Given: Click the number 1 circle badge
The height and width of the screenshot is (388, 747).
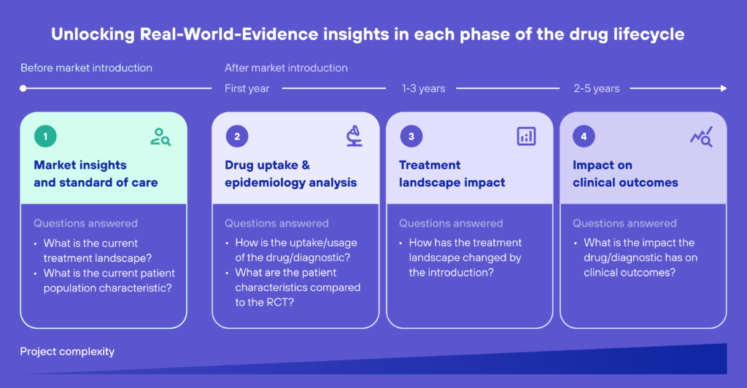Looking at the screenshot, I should [x=45, y=136].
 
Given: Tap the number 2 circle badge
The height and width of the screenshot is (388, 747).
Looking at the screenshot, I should [x=236, y=136].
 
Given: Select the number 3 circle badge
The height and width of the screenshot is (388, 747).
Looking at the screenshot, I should [x=411, y=136].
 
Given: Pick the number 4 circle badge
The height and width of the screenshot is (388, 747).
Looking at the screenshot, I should [x=584, y=136].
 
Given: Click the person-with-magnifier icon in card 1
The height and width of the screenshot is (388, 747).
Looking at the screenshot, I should [x=160, y=136].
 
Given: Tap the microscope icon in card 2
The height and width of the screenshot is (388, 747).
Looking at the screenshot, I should [x=353, y=136].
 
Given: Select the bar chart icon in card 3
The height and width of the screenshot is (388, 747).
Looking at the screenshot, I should [x=526, y=136].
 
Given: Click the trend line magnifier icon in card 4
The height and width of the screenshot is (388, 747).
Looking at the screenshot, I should [x=701, y=136].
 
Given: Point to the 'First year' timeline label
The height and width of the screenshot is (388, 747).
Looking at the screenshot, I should [x=247, y=88].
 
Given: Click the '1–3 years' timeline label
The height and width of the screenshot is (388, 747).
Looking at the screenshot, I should [x=423, y=88].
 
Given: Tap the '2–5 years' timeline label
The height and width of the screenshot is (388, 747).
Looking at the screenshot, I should [x=596, y=88].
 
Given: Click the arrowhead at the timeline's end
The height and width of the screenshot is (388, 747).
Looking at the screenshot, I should [x=723, y=88].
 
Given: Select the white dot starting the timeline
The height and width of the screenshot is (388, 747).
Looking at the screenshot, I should [x=23, y=88].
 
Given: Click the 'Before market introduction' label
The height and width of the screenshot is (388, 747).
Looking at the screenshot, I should [x=86, y=68].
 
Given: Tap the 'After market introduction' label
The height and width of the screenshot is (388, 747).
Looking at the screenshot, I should [x=286, y=68].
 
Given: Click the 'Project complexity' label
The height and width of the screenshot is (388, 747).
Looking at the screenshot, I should [x=67, y=352].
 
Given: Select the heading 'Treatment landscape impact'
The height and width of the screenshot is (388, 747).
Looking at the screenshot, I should [x=452, y=174].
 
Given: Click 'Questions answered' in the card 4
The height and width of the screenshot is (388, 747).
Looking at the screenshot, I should [x=624, y=223].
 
